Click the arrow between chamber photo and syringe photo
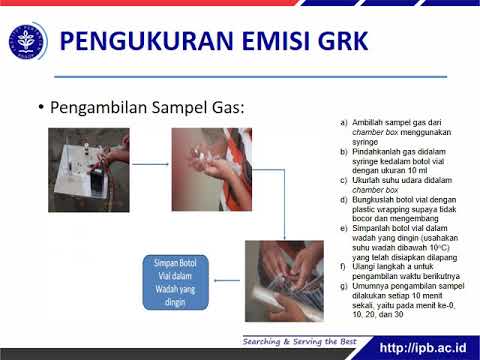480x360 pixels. (x=151, y=164)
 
